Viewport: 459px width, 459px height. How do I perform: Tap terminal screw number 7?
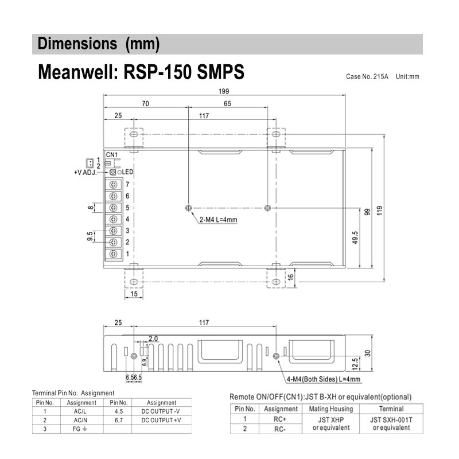pyautogui.click(x=114, y=184)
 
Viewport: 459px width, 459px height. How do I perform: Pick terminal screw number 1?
pyautogui.click(x=114, y=254)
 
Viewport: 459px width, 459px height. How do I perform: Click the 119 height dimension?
pyautogui.click(x=379, y=210)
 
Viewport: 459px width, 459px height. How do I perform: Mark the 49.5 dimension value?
pyautogui.click(x=355, y=238)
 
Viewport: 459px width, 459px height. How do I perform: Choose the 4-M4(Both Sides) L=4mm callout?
pyautogui.click(x=324, y=379)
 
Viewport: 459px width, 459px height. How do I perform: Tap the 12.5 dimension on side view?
pyautogui.click(x=356, y=364)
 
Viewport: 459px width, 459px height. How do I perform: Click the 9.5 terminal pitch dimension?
pyautogui.click(x=90, y=236)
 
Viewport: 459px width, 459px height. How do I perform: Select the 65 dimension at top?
pyautogui.click(x=228, y=104)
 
